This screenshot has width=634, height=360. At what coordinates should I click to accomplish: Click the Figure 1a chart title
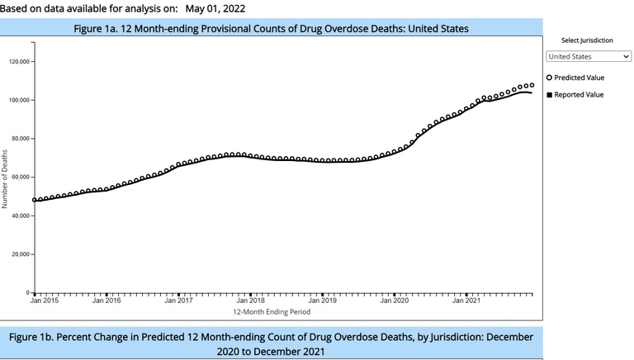coord(271,28)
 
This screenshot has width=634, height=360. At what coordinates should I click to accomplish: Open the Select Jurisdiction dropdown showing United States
coord(588,56)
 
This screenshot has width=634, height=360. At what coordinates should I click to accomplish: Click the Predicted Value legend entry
coord(578,78)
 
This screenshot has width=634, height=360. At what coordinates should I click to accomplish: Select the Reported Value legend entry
coord(578,94)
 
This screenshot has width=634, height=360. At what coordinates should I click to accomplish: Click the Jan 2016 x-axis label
coord(106,301)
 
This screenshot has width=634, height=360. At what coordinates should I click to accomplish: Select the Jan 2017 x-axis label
coord(178,301)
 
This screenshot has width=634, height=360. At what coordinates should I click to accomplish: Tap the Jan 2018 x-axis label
coord(251,301)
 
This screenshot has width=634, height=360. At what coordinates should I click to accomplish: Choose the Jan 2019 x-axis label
coord(323,301)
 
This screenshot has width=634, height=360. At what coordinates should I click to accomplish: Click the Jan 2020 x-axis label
coord(395,301)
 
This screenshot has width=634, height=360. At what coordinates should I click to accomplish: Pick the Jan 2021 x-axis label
coord(466,301)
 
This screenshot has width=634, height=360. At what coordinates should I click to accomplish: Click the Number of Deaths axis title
coord(6,178)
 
